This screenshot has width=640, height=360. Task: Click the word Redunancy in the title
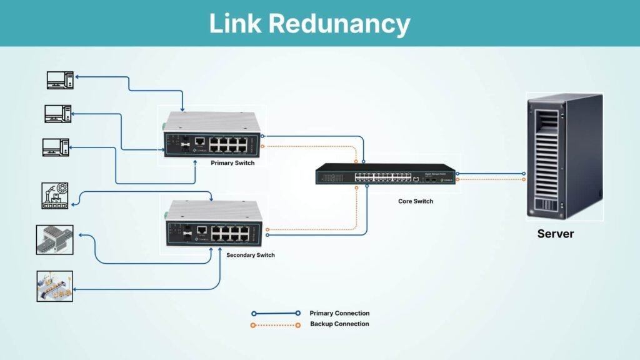(x=340, y=24)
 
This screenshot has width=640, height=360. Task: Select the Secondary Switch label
(x=250, y=255)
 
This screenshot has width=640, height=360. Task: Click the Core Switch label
(x=416, y=201)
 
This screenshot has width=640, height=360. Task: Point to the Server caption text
(x=555, y=234)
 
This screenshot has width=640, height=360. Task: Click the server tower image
(x=564, y=156)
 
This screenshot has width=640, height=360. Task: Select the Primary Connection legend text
(x=339, y=313)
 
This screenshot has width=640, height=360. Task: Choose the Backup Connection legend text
(x=339, y=324)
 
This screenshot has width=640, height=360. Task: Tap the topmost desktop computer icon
(x=60, y=79)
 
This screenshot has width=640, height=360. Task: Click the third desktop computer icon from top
(x=56, y=147)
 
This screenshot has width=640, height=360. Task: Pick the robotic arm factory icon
(x=54, y=196)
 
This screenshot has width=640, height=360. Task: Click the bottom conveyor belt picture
(x=54, y=286)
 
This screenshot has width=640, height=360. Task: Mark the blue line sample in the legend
(x=276, y=313)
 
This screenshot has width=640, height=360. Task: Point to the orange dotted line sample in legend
(x=276, y=324)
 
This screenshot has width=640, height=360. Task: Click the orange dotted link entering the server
(x=494, y=179)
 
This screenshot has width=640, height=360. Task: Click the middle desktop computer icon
(x=57, y=113)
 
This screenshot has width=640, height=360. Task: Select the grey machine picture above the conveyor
(x=54, y=240)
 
